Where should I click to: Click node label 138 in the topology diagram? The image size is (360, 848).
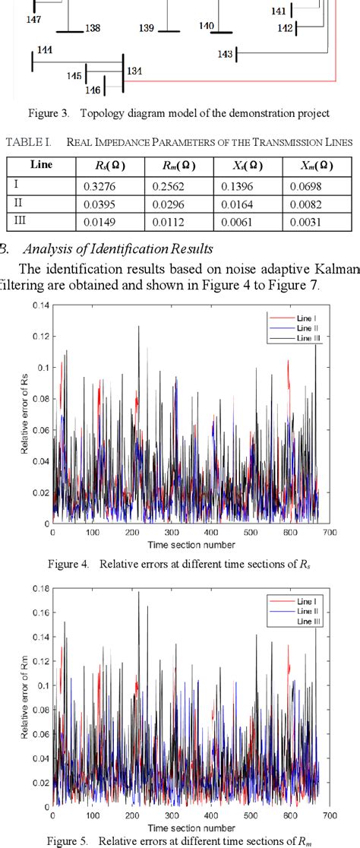tap(93, 28)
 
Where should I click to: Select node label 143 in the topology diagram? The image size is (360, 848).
tap(225, 54)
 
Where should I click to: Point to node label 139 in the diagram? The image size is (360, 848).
tap(147, 28)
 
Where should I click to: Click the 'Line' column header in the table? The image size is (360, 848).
tap(41, 165)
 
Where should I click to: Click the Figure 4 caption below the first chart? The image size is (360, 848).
tap(180, 564)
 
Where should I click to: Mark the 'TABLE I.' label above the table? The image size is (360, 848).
tap(28, 142)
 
